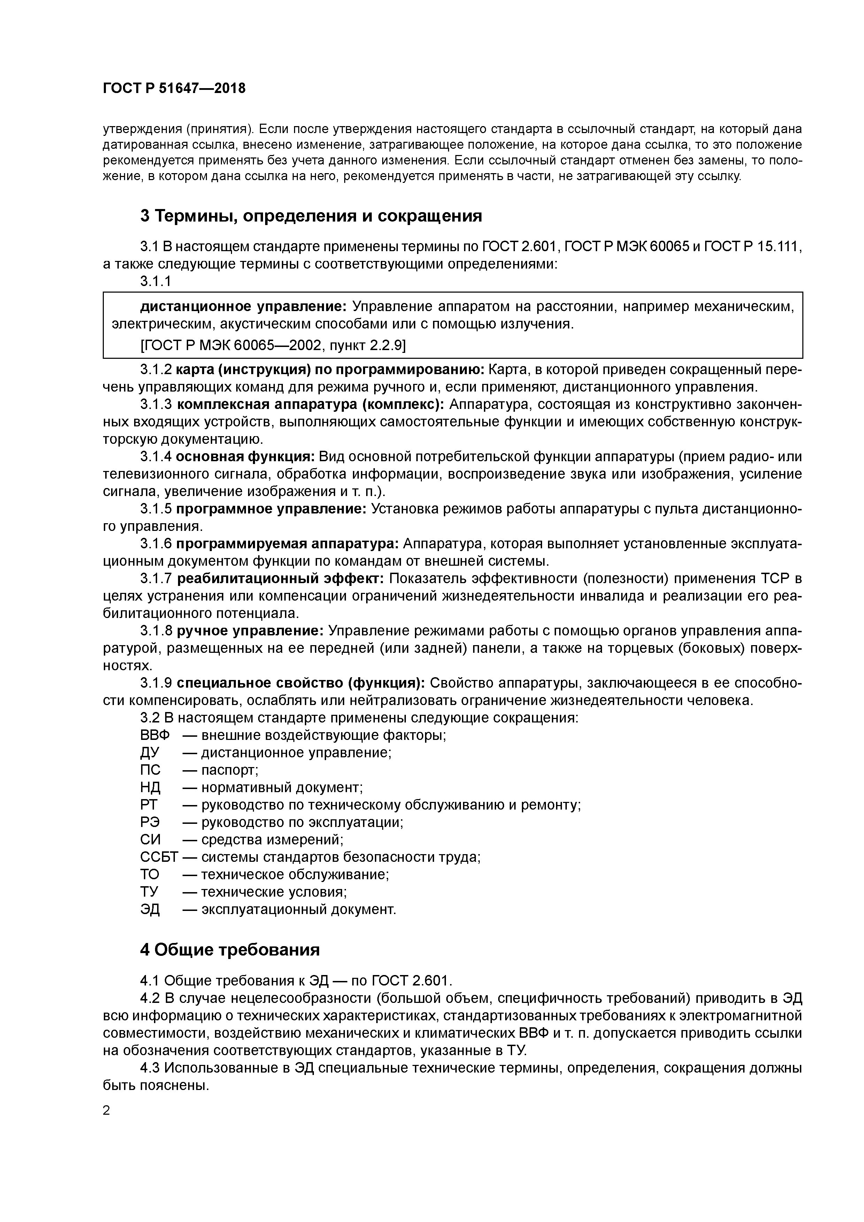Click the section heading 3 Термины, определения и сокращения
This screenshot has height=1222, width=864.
click(311, 216)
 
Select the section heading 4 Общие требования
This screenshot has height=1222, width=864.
click(230, 950)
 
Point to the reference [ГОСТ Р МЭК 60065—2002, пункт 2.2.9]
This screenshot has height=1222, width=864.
click(272, 346)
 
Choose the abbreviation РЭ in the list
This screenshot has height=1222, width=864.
click(150, 822)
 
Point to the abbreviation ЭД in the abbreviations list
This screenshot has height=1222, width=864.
click(150, 909)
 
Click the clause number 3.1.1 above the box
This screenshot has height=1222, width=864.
click(155, 281)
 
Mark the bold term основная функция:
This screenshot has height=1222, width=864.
click(245, 457)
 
